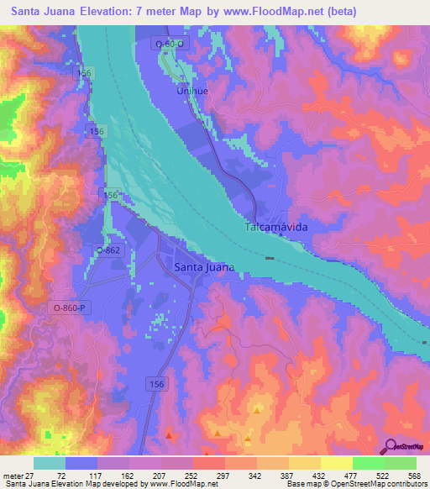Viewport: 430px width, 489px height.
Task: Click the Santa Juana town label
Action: [203, 266]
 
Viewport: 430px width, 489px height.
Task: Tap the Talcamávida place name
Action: [277, 228]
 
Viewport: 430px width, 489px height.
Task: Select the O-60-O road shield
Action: [170, 43]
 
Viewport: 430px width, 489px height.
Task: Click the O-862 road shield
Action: [108, 250]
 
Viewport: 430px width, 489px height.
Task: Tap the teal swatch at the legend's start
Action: [50, 463]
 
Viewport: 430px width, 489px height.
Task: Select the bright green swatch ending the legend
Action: [400, 463]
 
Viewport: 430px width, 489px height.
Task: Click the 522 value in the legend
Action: [375, 475]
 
